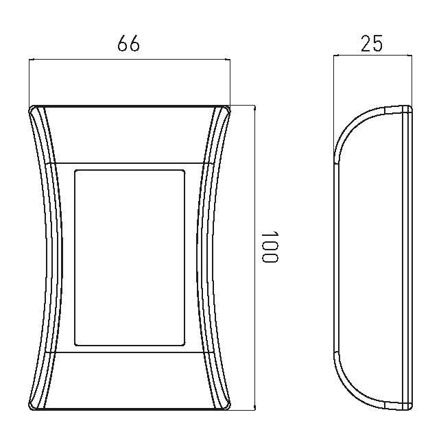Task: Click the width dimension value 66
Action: click(128, 44)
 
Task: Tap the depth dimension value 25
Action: click(372, 44)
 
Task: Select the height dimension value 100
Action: click(270, 247)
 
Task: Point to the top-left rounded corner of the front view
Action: click(32, 108)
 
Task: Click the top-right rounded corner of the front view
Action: click(228, 108)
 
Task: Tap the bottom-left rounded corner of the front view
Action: click(32, 407)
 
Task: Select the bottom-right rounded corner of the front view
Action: click(228, 407)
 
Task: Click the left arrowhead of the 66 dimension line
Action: click(32, 60)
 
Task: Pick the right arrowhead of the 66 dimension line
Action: click(227, 60)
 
